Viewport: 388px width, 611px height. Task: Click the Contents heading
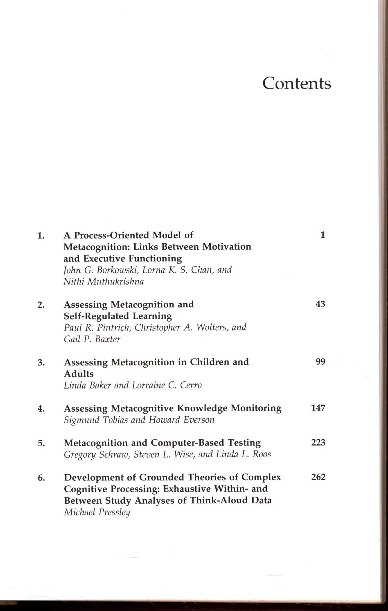[297, 83]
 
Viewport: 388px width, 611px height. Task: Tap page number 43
[321, 304]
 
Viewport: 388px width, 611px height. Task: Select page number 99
[321, 362]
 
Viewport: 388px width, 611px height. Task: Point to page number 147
[318, 408]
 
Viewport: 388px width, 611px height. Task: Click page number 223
[318, 443]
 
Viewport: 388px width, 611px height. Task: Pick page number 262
[318, 477]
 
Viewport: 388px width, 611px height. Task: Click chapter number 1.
[41, 236]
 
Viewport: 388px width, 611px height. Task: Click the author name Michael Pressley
[97, 513]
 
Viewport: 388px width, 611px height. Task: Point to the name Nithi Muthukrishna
[103, 281]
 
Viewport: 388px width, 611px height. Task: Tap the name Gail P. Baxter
[92, 339]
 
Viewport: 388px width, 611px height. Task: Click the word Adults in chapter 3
[79, 374]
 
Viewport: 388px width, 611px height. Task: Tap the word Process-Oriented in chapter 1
[112, 235]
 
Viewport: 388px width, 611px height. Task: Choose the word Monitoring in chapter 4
[256, 408]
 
